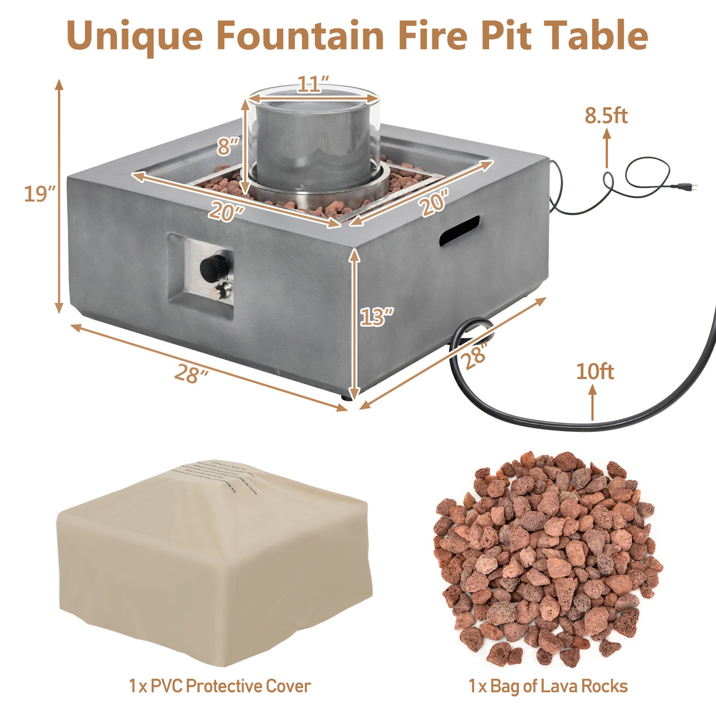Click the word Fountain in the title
coord(300,35)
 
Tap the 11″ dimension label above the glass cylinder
coord(313,85)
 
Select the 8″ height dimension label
coord(228,145)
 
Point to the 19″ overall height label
coord(40,193)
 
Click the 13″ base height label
coord(376,317)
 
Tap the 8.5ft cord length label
coord(606,116)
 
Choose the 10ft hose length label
coord(595,372)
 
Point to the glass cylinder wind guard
coord(313,139)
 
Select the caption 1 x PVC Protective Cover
coord(219,686)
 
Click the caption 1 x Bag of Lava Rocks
coord(548,686)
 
